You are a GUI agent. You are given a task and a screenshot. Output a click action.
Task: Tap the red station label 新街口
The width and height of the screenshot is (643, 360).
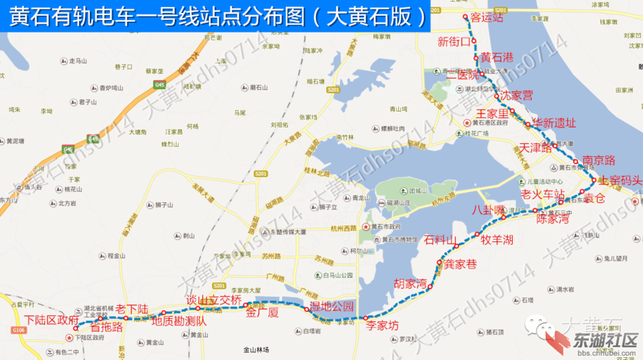pos(454,41)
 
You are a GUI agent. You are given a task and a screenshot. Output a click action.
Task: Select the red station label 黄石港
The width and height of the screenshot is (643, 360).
pos(497,57)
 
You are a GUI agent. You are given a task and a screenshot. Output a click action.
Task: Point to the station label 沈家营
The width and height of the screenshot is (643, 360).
pos(517,94)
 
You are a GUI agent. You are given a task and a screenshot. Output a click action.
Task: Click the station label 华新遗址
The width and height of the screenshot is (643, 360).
pos(554,122)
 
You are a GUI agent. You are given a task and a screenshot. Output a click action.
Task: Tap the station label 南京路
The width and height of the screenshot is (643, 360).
pos(598,160)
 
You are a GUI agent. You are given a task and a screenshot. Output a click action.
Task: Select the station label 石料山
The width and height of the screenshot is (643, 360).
pos(441,239)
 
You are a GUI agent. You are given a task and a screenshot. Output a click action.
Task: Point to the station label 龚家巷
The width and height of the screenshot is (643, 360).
pos(460,264)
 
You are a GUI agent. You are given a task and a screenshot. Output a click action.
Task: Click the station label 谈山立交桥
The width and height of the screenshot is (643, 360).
pos(213,300)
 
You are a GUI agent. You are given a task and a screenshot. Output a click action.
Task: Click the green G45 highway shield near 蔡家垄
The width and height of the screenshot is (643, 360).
pos(159,84)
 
